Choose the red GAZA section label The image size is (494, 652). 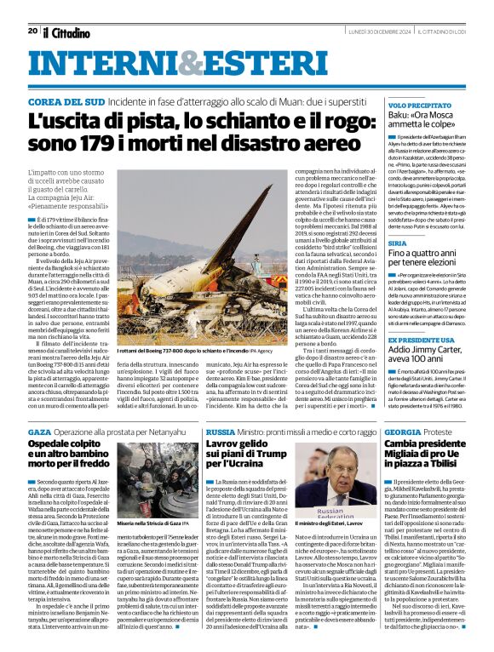point(41,432)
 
